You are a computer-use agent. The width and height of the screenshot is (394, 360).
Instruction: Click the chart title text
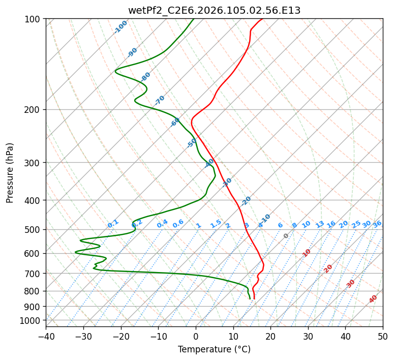214,10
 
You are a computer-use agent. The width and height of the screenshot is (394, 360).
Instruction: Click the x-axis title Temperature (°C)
214,349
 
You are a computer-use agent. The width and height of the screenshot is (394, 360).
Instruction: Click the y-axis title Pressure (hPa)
10,172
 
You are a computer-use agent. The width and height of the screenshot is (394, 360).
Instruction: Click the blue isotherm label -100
120,27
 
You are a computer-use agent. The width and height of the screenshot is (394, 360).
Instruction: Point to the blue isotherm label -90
132,52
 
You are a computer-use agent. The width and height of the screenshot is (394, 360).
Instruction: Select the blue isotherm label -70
160,100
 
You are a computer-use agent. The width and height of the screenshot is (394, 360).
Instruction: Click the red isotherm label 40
373,299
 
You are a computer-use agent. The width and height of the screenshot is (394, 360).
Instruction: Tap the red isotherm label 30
351,284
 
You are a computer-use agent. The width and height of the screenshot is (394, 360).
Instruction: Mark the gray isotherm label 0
286,236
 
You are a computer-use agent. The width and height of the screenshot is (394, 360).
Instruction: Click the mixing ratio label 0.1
113,224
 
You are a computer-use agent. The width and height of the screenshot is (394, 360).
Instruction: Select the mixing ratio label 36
377,224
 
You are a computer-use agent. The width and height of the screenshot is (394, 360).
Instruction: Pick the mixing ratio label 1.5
216,224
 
